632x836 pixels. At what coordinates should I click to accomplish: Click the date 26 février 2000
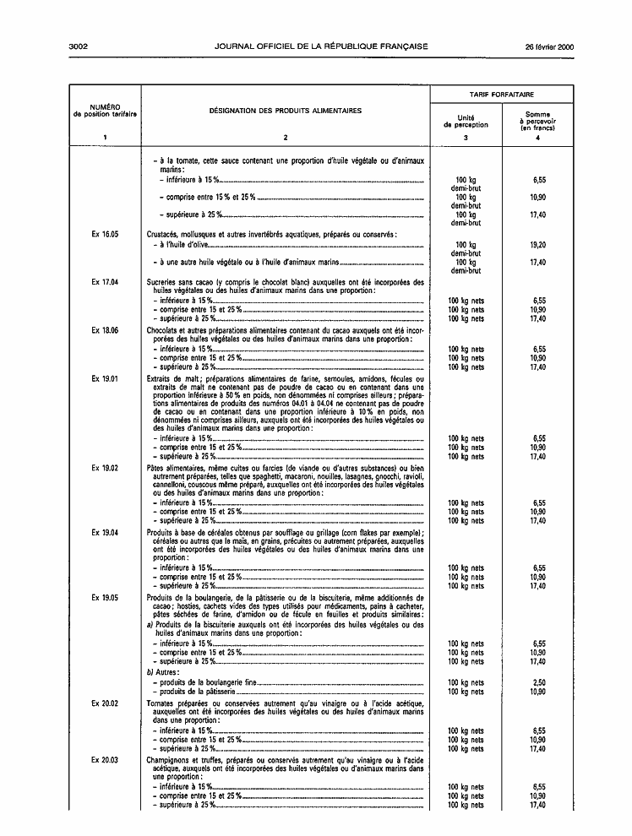[x=549, y=46]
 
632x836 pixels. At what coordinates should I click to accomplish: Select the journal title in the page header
[x=321, y=46]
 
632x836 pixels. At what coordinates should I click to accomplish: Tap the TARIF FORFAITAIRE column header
[x=502, y=94]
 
